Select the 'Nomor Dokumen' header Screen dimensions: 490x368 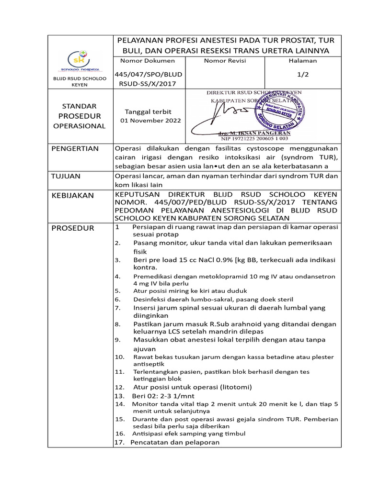[x=147, y=61]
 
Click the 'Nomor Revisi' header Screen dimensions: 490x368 [x=225, y=61]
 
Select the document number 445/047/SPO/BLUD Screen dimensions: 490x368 [x=149, y=75]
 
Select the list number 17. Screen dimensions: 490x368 [x=119, y=443]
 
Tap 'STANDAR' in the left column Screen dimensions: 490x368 [x=80, y=106]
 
